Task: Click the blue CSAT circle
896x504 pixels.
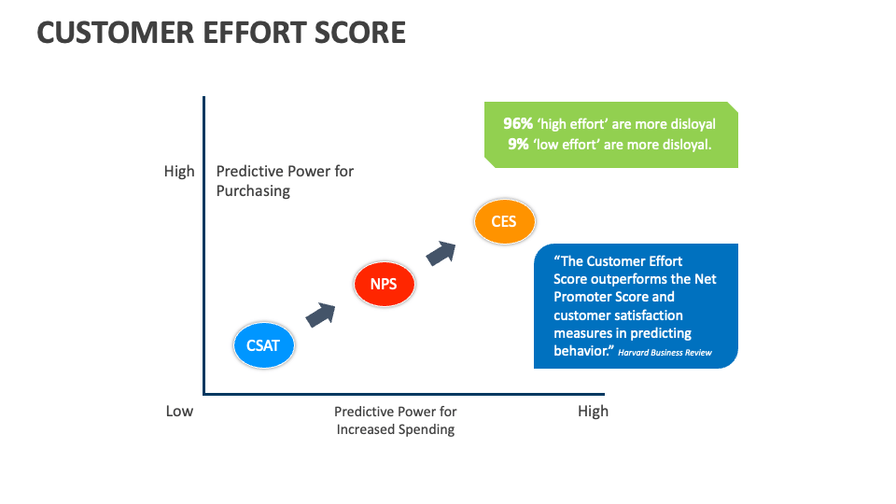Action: click(x=263, y=345)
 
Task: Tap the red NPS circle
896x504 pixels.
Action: click(x=384, y=284)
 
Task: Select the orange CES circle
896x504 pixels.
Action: click(x=503, y=222)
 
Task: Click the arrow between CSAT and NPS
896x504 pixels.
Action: click(x=321, y=314)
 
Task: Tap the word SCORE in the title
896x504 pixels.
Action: click(x=359, y=33)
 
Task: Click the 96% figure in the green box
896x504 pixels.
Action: click(x=519, y=124)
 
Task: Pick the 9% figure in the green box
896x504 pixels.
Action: click(x=519, y=144)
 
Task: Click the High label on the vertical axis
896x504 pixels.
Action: click(x=179, y=172)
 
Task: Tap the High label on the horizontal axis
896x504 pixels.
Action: click(x=593, y=411)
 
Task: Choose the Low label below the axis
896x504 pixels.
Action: click(x=179, y=411)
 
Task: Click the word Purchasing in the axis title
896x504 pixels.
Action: click(x=253, y=190)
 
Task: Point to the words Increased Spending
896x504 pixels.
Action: click(x=396, y=429)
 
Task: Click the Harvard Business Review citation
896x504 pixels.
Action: click(x=665, y=353)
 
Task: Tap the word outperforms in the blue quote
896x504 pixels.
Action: click(x=637, y=279)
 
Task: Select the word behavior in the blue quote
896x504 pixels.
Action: click(x=582, y=350)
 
